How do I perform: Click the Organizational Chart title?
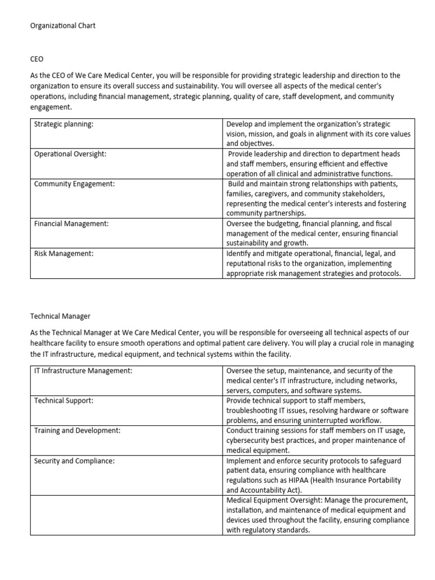tap(63, 26)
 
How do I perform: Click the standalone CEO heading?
tap(38, 59)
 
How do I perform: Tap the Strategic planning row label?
tap(63, 124)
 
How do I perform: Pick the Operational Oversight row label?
tap(70, 154)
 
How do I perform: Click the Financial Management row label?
tap(71, 224)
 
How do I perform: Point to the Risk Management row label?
tap(63, 254)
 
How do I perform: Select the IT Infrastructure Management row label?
tap(83, 370)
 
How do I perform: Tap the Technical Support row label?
tap(64, 400)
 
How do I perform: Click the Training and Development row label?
tap(78, 430)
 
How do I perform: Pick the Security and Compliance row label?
tap(74, 460)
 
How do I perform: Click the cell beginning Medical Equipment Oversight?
tap(318, 515)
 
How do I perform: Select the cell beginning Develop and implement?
tap(318, 134)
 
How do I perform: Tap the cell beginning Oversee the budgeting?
tap(318, 233)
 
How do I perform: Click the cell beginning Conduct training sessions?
tap(318, 440)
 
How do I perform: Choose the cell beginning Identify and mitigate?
tap(318, 263)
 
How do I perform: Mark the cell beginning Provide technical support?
tap(318, 410)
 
